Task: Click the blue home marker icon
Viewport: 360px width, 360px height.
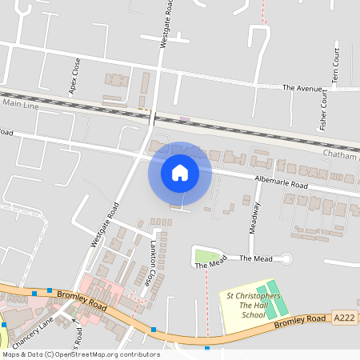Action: [x=180, y=172]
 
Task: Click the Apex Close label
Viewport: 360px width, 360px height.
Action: [x=75, y=77]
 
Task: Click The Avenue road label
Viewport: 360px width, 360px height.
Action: [x=302, y=87]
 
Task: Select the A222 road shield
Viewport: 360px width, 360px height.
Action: [x=344, y=318]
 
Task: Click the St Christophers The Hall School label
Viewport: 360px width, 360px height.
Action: [x=254, y=305]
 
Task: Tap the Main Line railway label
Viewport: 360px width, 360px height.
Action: [x=20, y=103]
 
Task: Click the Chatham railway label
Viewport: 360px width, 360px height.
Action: [x=340, y=153]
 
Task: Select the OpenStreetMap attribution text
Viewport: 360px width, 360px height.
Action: [x=81, y=354]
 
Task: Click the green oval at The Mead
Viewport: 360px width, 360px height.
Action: [x=207, y=258]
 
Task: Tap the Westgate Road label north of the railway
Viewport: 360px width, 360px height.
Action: [x=164, y=27]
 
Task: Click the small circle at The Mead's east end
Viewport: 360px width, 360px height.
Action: [x=286, y=258]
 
